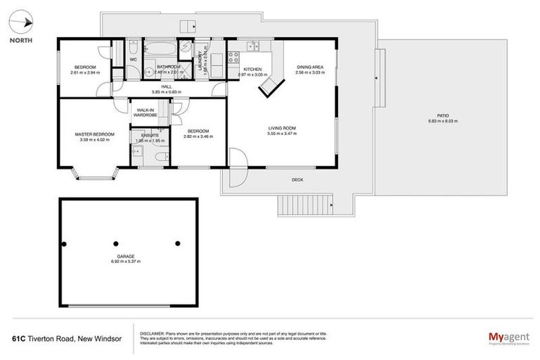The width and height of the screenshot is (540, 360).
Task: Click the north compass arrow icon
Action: [25, 23]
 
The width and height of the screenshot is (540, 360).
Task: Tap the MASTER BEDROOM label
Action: [94, 134]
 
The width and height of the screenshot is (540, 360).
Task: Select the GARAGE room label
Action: [125, 256]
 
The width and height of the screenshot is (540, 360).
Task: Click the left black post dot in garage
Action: [64, 244]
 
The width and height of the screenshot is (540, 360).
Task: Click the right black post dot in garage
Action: [177, 244]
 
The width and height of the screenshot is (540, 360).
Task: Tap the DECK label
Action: [298, 180]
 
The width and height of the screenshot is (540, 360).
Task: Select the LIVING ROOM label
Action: [281, 128]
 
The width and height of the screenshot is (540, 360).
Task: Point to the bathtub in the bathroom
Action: [162, 51]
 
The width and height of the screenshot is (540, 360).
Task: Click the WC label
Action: [132, 60]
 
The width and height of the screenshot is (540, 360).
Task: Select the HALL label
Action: [166, 86]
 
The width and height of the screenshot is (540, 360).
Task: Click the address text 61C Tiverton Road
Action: [67, 338]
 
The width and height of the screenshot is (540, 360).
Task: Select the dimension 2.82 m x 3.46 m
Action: [198, 136]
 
